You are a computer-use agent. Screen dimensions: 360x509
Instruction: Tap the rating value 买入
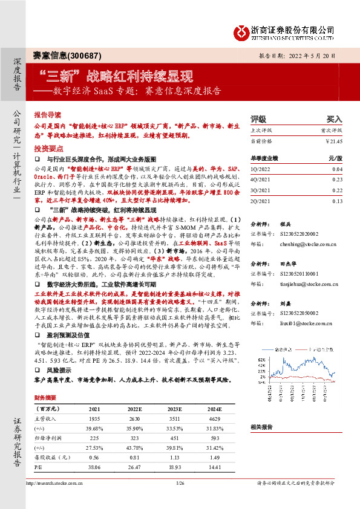pyautogui.click(x=334, y=120)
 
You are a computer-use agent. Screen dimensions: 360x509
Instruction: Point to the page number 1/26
pyautogui.click(x=179, y=484)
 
